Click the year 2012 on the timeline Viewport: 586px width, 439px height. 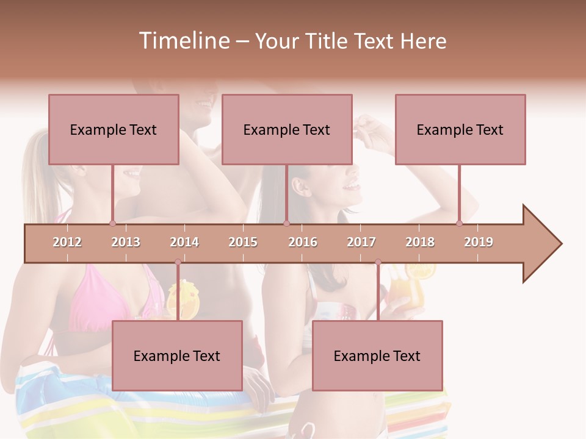click(67, 242)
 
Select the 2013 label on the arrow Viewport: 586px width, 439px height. click(126, 242)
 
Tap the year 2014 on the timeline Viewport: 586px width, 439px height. click(184, 242)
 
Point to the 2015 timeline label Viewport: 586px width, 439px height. click(243, 242)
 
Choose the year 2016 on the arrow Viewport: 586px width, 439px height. click(303, 242)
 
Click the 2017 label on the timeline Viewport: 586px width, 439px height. click(361, 242)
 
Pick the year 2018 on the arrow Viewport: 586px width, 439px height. click(420, 242)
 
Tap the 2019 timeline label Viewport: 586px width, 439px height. click(479, 242)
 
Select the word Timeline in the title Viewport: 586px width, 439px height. click(183, 41)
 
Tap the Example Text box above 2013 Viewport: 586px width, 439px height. click(114, 129)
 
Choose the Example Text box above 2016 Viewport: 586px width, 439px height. click(287, 129)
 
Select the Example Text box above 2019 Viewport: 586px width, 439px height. click(460, 129)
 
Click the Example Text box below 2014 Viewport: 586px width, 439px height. click(177, 355)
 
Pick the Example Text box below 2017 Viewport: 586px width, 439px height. click(377, 355)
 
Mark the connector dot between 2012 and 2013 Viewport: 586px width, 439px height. click(112, 223)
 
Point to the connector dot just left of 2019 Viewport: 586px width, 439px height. click(460, 223)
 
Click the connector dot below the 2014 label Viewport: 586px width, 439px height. click(178, 262)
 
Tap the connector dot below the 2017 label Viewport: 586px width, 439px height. click(378, 262)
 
